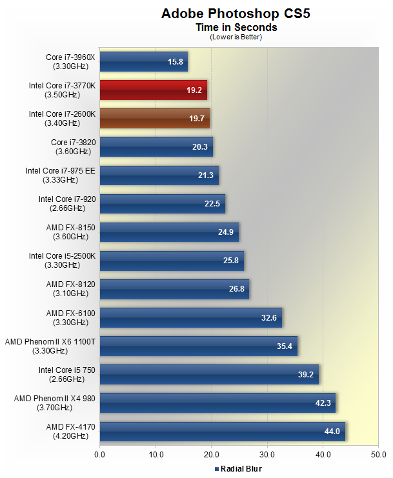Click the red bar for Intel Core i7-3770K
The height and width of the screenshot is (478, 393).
(x=153, y=90)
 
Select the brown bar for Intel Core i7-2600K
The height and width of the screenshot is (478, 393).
(x=154, y=119)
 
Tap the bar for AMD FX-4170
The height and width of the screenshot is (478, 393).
(x=222, y=431)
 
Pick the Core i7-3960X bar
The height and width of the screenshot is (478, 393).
(x=143, y=62)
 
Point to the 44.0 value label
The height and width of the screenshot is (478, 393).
(x=332, y=432)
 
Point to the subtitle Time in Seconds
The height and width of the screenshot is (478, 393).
(x=236, y=28)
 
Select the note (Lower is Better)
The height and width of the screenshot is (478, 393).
(x=236, y=37)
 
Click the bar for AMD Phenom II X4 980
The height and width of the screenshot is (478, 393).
(x=217, y=403)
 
